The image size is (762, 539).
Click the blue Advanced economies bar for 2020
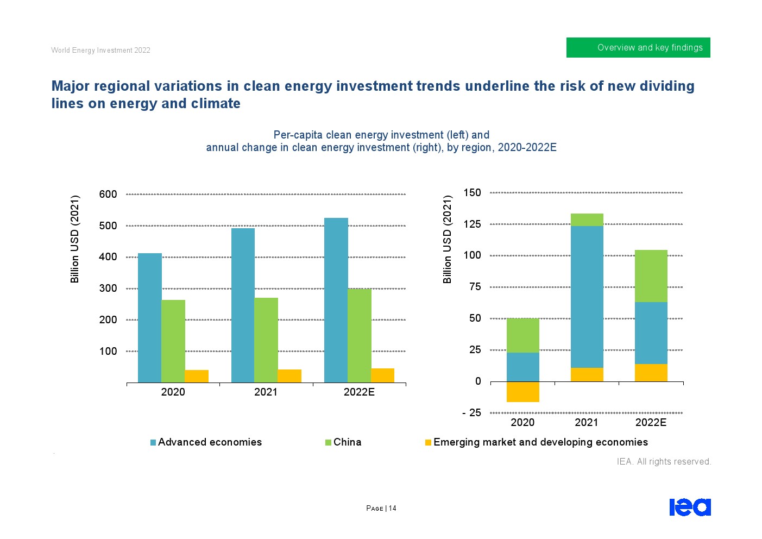(x=149, y=318)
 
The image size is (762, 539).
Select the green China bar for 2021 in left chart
(x=266, y=340)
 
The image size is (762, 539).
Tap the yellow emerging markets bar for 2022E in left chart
(x=382, y=375)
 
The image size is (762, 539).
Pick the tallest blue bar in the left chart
(x=336, y=300)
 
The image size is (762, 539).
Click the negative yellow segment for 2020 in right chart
(x=522, y=392)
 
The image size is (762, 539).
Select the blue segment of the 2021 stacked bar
(x=587, y=297)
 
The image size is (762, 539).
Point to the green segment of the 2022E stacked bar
(x=651, y=276)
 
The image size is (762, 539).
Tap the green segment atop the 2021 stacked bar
(x=587, y=220)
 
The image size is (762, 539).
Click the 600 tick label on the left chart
(x=108, y=194)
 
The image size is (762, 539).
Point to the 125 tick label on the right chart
(x=472, y=224)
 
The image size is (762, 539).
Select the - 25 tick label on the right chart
(x=471, y=413)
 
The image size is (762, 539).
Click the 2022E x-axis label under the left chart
(x=359, y=392)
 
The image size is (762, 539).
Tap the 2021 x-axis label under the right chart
(x=587, y=423)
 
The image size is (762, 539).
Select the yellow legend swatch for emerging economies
(x=428, y=443)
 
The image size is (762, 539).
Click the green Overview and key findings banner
(x=638, y=47)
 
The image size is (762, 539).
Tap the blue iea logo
(x=690, y=507)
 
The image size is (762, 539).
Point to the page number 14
(x=392, y=509)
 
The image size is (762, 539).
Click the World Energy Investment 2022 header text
(x=100, y=51)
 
